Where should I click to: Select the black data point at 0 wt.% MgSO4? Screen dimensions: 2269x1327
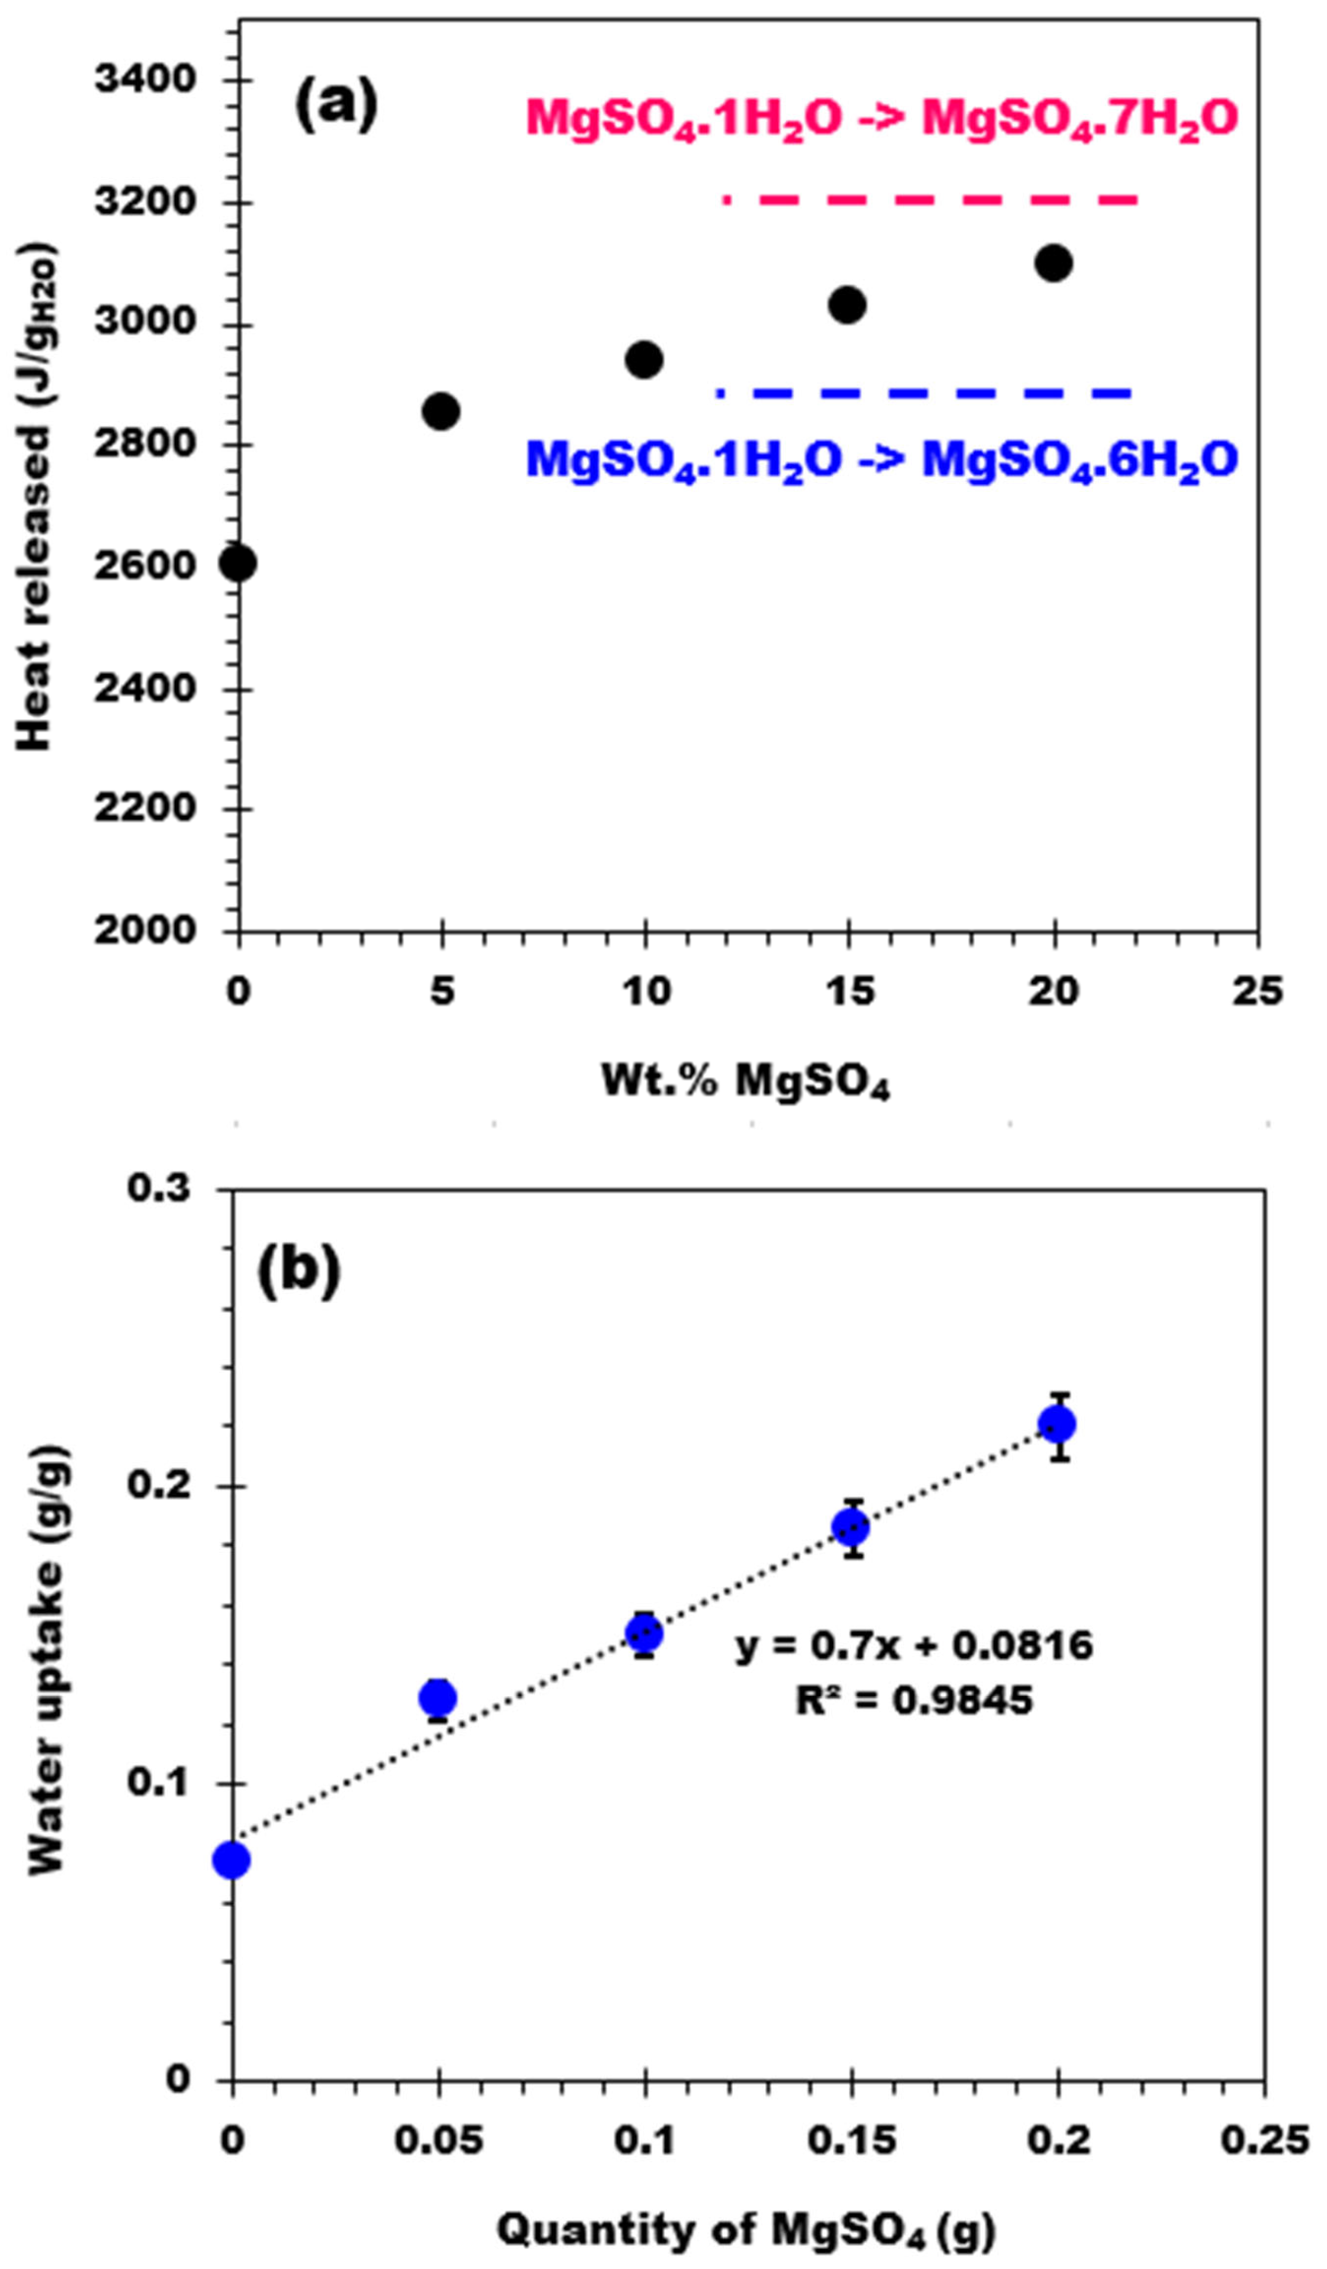click(x=237, y=563)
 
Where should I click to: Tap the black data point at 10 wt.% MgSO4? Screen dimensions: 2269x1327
click(x=644, y=360)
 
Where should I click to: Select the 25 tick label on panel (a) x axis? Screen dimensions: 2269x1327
click(x=1257, y=992)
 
